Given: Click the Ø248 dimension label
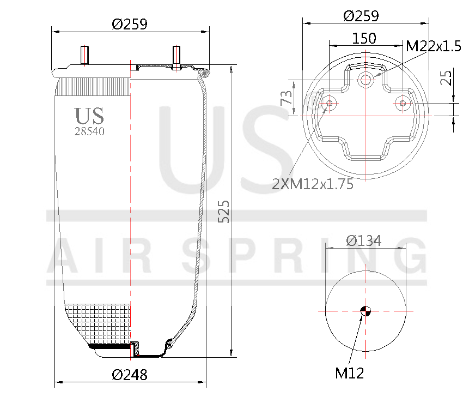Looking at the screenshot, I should (130, 375).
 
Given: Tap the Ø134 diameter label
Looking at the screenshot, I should (364, 240).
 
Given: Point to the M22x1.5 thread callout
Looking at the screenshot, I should (434, 46).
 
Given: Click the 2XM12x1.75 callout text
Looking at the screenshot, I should (313, 184).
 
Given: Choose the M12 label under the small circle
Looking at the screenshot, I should (349, 374).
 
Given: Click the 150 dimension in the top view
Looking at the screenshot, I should (364, 38).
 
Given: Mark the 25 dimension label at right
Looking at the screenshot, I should (446, 77).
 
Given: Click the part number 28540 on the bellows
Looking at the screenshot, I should (89, 131).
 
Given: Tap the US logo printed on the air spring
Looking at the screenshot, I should (89, 116).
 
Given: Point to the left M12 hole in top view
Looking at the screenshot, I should (328, 103).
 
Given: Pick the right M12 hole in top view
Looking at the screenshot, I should (403, 103).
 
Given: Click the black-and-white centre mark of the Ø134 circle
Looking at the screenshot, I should (365, 311).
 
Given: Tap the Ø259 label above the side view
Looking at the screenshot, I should (130, 24).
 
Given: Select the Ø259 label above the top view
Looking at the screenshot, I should (361, 16).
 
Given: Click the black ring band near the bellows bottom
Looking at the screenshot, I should (109, 346).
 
